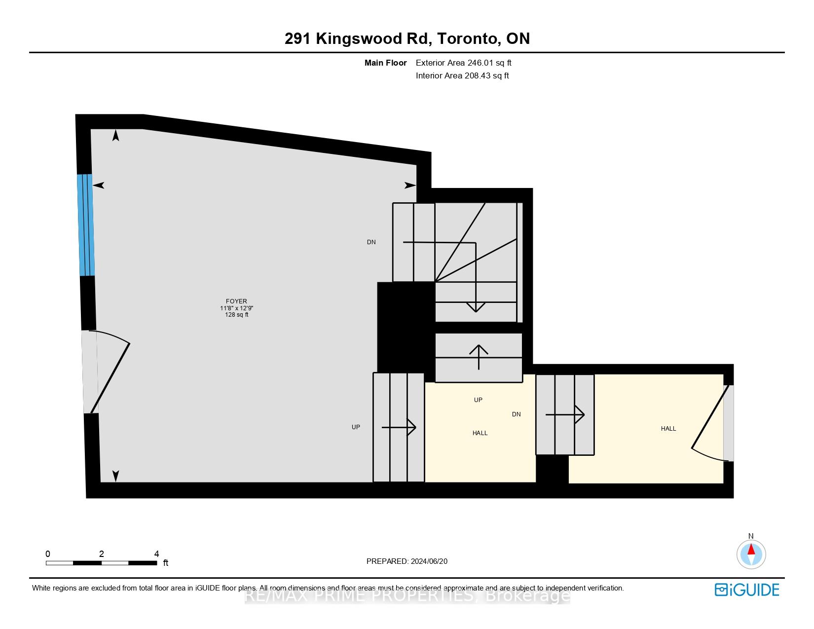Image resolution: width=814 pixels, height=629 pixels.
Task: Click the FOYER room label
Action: pyautogui.click(x=236, y=301)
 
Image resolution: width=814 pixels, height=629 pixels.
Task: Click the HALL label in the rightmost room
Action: pyautogui.click(x=668, y=429)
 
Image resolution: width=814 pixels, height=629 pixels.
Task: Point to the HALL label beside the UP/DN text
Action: pyautogui.click(x=480, y=433)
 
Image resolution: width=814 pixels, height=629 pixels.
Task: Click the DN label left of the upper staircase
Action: pyautogui.click(x=371, y=242)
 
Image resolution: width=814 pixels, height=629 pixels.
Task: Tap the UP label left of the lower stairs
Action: pyautogui.click(x=356, y=427)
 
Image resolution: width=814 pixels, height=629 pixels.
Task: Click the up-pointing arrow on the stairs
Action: pyautogui.click(x=479, y=356)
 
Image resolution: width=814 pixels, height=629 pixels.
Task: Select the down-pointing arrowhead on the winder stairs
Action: pyautogui.click(x=476, y=307)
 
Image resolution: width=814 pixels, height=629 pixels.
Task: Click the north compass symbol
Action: pyautogui.click(x=751, y=554)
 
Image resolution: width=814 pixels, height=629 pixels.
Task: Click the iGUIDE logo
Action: pyautogui.click(x=747, y=590)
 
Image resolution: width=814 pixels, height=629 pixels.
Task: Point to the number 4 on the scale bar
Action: pyautogui.click(x=156, y=554)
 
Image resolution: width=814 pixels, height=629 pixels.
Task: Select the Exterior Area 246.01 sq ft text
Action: pyautogui.click(x=463, y=63)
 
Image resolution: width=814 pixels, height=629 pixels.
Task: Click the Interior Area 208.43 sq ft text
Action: pyautogui.click(x=462, y=75)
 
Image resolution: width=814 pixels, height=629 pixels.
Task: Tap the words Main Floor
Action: pyautogui.click(x=385, y=63)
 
